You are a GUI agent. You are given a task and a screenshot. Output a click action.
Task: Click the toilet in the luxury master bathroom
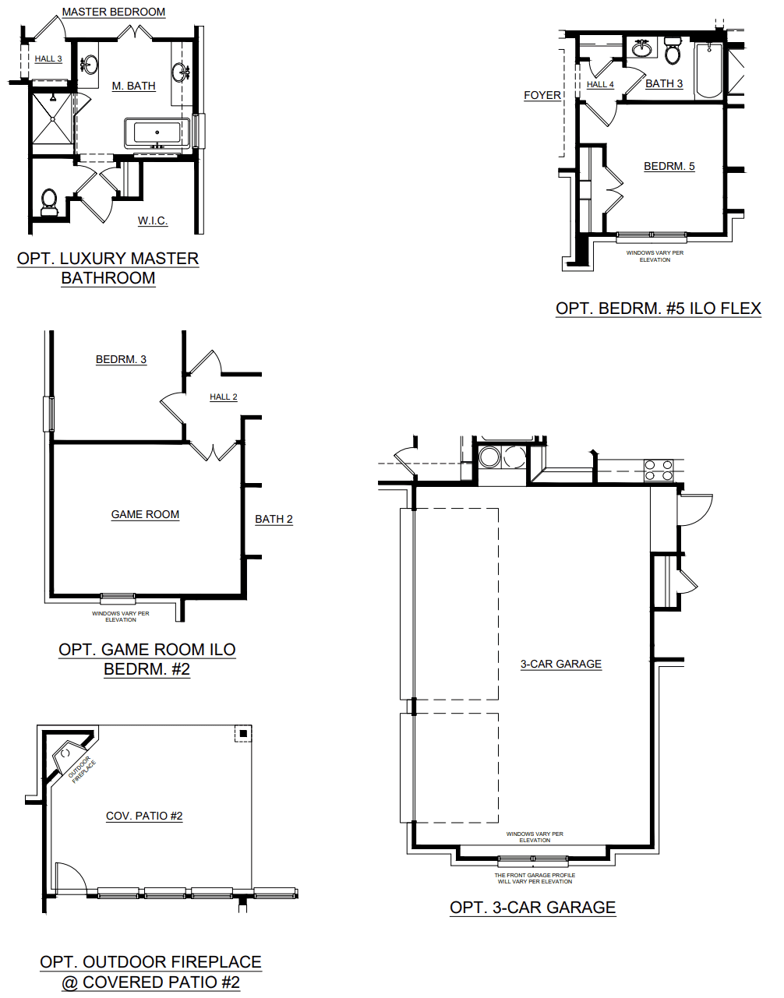coord(50,200)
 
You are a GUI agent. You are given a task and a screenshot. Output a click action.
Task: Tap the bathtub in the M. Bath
coord(157,132)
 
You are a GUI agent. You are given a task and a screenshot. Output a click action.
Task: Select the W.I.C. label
coord(153,220)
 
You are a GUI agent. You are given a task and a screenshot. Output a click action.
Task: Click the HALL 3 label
coord(48,58)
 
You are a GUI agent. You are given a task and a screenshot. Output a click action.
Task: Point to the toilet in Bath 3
coord(673,52)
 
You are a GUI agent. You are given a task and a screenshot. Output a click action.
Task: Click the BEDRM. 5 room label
coord(669,166)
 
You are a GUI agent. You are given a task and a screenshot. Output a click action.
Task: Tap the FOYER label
coord(542,95)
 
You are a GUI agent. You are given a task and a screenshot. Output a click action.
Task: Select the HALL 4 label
coord(600,84)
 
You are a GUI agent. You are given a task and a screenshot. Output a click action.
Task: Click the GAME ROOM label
coord(145,514)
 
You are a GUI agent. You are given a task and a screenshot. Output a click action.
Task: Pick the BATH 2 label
coord(274,519)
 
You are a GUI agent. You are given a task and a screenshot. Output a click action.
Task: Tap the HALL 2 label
coord(224,397)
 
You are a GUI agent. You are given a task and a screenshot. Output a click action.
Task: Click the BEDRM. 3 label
coord(121,359)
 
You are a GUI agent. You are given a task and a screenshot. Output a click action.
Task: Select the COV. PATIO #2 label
coord(144,816)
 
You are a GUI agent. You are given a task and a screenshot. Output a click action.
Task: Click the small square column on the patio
coord(243,733)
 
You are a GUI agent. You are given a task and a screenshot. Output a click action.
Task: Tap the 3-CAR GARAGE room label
coord(560,664)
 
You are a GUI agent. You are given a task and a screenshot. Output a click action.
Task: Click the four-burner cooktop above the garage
coord(658,470)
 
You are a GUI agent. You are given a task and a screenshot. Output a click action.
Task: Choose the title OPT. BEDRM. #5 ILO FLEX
coord(658,309)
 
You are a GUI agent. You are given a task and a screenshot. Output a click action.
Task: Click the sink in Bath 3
coord(642,50)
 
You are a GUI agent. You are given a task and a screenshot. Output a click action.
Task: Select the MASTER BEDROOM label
coord(114,12)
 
